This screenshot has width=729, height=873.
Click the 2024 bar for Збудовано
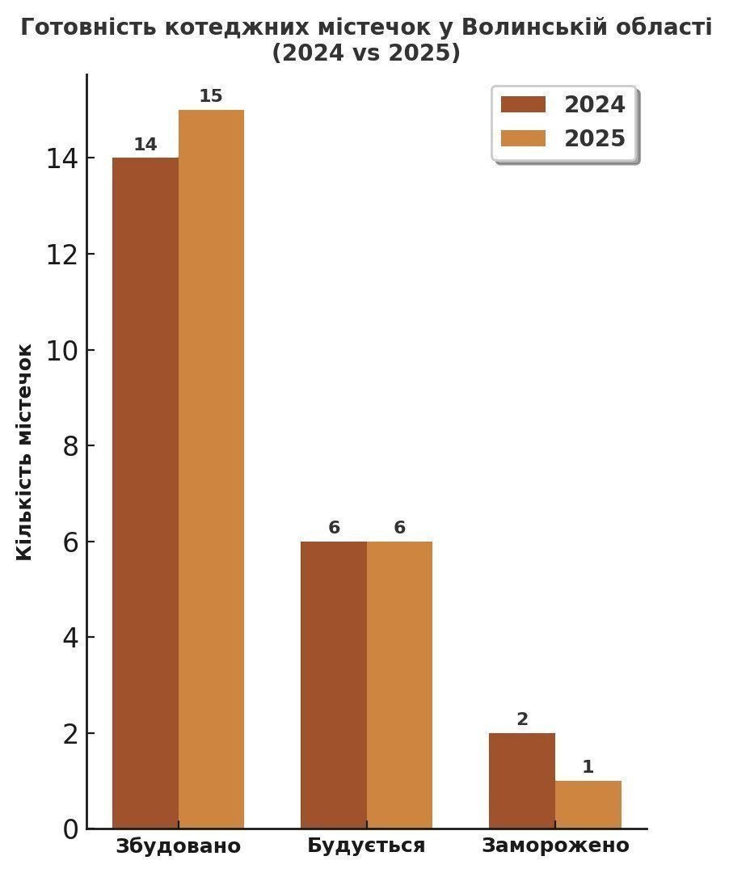pyautogui.click(x=145, y=493)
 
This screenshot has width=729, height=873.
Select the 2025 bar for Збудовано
pyautogui.click(x=211, y=469)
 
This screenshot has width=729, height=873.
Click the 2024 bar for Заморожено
pyautogui.click(x=522, y=781)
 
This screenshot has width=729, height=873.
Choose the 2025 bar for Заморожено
pyautogui.click(x=588, y=804)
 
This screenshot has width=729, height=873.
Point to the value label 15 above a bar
pyautogui.click(x=211, y=96)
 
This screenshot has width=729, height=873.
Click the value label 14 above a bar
pyautogui.click(x=145, y=145)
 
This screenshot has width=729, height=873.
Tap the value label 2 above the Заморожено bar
pyautogui.click(x=522, y=719)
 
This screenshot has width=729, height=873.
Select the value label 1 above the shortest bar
pyautogui.click(x=588, y=767)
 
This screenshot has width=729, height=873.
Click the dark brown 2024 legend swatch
pyautogui.click(x=524, y=105)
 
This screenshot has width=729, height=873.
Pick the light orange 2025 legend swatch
pyautogui.click(x=524, y=138)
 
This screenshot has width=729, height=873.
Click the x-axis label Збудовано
pyautogui.click(x=179, y=846)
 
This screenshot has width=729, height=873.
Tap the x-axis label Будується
pyautogui.click(x=366, y=846)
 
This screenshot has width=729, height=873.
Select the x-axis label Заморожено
pyautogui.click(x=555, y=846)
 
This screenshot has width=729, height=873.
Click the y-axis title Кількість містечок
pyautogui.click(x=25, y=452)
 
